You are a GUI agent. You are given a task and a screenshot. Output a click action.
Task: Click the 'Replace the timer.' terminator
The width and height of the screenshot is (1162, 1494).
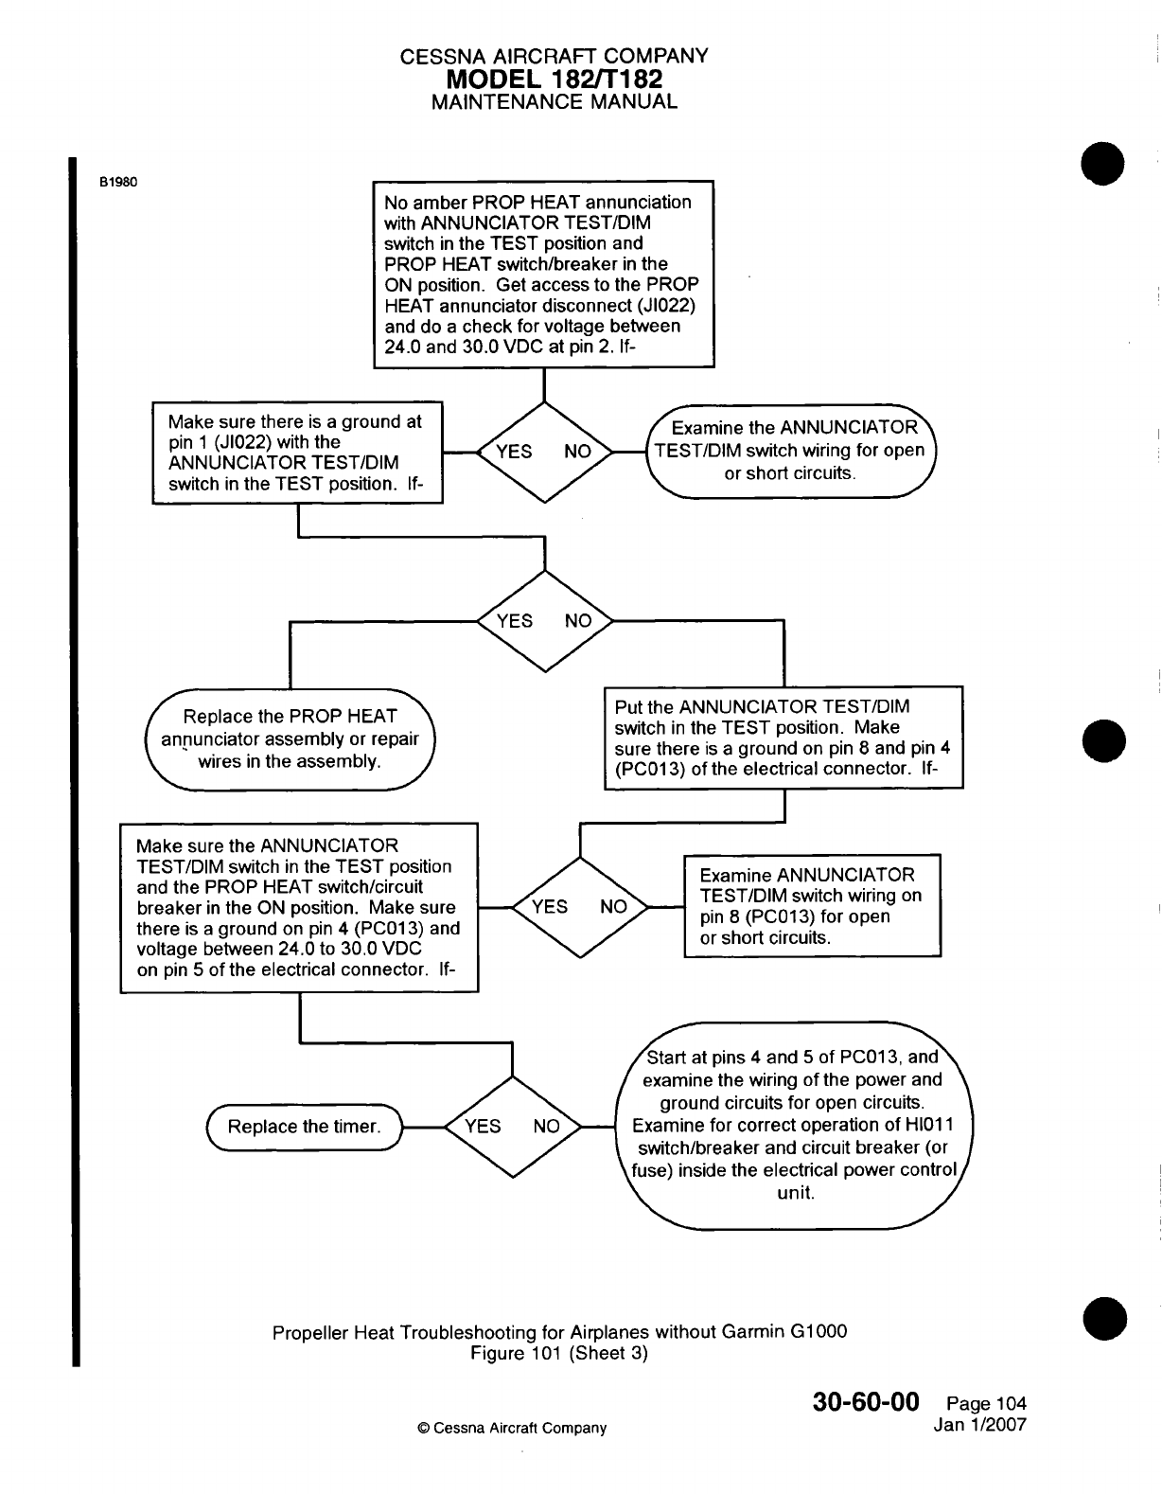[304, 1127]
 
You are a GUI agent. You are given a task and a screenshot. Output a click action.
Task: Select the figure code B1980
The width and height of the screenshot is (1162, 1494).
[119, 183]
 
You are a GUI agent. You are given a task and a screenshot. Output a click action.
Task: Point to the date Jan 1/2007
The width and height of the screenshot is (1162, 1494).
[979, 1425]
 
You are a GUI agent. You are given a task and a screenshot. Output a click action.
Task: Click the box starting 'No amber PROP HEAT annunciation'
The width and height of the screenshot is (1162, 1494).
[543, 274]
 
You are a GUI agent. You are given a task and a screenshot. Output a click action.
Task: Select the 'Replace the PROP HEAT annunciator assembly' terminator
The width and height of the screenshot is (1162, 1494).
[290, 738]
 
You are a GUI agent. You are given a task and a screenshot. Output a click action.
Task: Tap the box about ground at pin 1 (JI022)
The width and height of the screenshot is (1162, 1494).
[297, 453]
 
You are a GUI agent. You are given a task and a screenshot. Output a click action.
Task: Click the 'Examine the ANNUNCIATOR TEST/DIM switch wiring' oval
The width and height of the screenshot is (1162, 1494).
[790, 451]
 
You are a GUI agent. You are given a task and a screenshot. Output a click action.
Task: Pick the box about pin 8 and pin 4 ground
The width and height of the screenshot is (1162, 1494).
[783, 738]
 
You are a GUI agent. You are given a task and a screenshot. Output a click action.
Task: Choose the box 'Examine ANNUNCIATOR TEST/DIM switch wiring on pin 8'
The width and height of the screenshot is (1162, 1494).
[812, 906]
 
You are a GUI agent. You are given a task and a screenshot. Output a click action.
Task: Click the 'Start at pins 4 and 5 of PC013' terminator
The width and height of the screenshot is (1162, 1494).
[794, 1125]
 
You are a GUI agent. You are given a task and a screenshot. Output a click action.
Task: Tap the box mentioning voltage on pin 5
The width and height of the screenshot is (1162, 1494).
[299, 907]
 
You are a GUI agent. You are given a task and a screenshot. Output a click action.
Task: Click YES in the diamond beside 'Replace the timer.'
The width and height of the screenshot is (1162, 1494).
[483, 1126]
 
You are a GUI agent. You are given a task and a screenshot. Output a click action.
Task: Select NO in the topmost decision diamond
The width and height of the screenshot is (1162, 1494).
[577, 451]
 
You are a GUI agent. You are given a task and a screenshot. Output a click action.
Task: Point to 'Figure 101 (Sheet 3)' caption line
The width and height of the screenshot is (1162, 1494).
[559, 1353]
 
